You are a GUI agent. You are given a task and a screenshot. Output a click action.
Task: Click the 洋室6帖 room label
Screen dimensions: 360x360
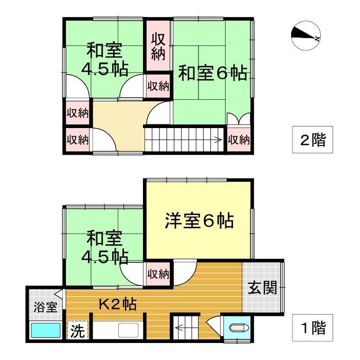tap(199, 222)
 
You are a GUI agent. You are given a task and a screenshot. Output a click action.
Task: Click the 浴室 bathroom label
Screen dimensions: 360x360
tap(45, 308)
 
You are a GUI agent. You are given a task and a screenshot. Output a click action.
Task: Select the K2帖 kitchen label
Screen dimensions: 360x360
tap(117, 304)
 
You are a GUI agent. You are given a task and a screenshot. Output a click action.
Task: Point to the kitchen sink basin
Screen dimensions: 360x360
tap(127, 330)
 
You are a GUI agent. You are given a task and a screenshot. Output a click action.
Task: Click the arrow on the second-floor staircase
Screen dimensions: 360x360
tap(218, 139)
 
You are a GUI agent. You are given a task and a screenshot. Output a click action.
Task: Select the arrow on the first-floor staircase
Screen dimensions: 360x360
tap(180, 325)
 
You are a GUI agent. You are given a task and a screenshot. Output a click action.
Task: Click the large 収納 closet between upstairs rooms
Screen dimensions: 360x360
tap(158, 47)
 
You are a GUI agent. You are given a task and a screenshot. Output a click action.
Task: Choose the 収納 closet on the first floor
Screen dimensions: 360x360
tap(157, 274)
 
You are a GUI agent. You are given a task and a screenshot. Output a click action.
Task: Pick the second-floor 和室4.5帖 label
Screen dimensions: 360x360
tap(105, 60)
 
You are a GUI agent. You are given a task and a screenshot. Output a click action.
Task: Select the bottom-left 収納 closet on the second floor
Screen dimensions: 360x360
tap(78, 139)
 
